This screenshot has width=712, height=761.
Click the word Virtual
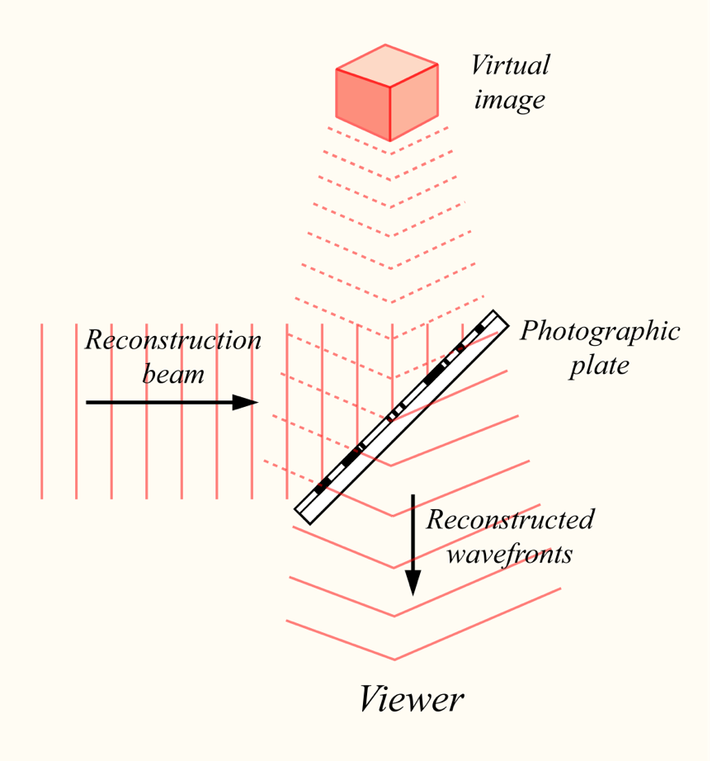(510, 65)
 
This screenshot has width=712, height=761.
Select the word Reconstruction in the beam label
(173, 340)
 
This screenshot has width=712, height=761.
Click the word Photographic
(600, 331)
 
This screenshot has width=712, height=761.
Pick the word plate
(599, 365)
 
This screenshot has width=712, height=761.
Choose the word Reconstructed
(510, 519)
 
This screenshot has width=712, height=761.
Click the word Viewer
(411, 700)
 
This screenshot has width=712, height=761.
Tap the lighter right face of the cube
(413, 102)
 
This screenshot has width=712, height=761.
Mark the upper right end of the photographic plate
(498, 318)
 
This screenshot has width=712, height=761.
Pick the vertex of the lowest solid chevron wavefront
(394, 659)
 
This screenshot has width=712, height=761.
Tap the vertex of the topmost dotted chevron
(390, 153)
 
